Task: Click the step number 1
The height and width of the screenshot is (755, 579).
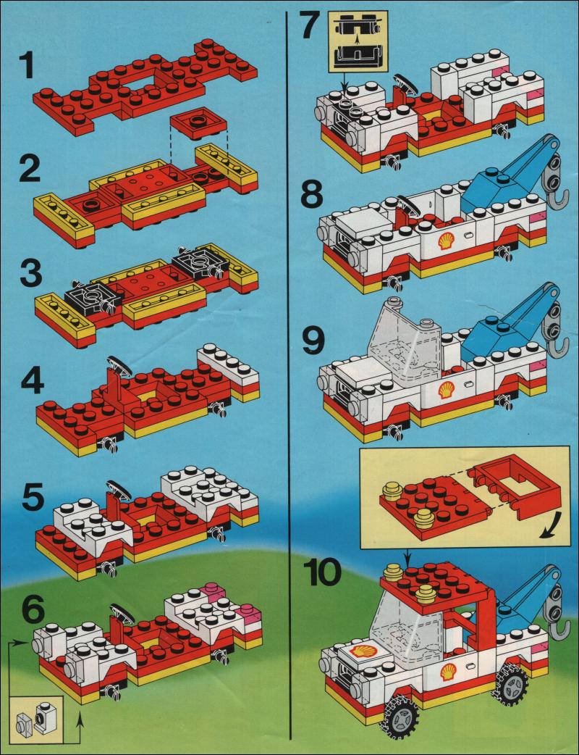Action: coord(26,66)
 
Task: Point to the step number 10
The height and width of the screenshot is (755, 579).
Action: coord(325,573)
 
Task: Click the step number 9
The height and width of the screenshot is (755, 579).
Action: coord(313,341)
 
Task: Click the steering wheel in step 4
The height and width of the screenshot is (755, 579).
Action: coord(120,365)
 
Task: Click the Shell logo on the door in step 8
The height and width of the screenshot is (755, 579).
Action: coord(446,240)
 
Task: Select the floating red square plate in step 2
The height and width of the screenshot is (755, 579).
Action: coord(198,122)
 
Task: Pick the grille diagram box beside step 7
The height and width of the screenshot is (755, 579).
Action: coord(358,41)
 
